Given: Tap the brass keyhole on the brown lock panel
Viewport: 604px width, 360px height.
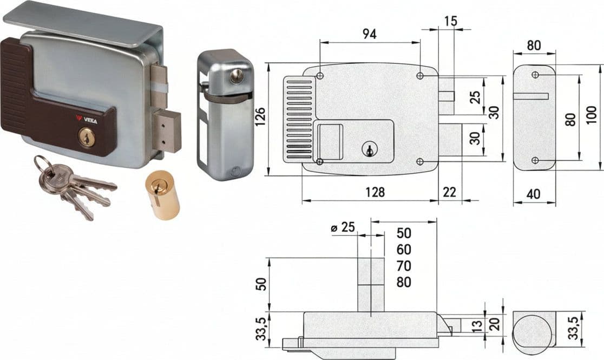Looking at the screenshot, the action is click(x=87, y=137).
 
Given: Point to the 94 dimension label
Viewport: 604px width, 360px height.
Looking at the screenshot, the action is click(x=369, y=34).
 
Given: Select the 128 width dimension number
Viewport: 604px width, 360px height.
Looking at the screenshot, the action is click(x=375, y=192).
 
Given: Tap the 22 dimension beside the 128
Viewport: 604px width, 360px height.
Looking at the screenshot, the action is click(x=449, y=192).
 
